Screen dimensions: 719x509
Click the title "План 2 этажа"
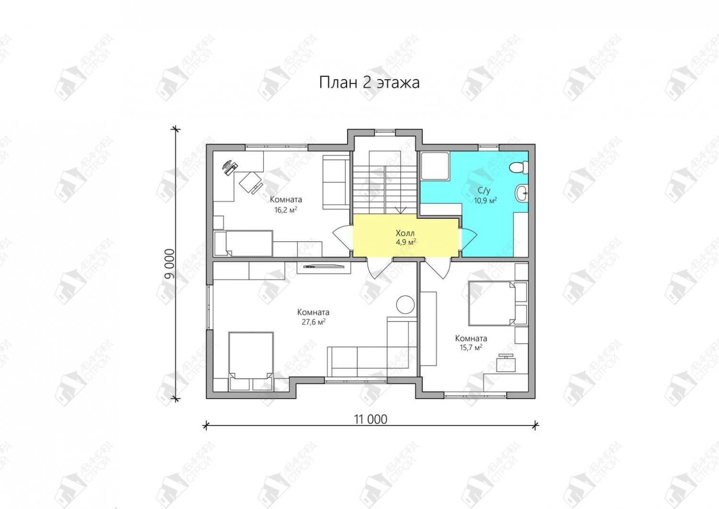tap(369, 83)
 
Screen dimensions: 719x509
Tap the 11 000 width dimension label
tap(371, 419)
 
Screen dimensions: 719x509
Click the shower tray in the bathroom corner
tap(435, 166)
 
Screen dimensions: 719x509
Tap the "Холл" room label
tap(405, 233)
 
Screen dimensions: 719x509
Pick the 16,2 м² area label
tap(286, 210)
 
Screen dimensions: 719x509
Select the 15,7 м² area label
tap(471, 348)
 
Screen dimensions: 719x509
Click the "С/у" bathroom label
tap(484, 191)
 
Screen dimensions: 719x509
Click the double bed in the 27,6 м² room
tap(251, 361)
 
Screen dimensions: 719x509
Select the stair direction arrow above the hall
tap(400, 210)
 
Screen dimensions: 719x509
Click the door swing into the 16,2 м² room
tap(343, 238)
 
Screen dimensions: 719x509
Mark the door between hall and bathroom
tap(468, 238)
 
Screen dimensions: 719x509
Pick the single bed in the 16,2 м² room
tap(244, 243)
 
